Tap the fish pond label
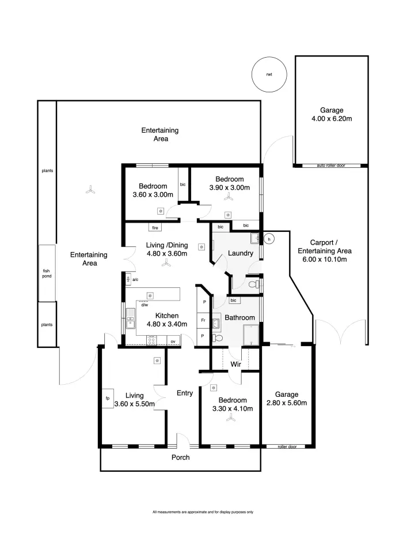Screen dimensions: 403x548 click(47, 273)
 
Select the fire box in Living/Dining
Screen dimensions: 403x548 click(155, 227)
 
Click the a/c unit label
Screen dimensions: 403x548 click(135, 280)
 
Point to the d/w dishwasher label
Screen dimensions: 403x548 click(145, 305)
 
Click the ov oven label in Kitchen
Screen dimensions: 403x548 click(173, 341)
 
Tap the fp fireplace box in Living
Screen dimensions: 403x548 click(108, 399)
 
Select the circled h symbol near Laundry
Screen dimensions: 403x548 click(269, 239)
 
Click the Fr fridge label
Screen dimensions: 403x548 click(203, 320)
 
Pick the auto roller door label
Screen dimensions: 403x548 click(331, 166)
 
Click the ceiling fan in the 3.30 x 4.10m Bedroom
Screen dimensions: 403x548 click(231, 417)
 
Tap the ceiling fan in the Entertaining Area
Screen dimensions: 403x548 click(90, 190)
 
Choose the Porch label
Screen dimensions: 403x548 click(180, 457)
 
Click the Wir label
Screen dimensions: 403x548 click(235, 364)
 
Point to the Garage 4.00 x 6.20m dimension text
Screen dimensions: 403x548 click(332, 118)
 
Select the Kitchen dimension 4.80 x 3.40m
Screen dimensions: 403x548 click(167, 324)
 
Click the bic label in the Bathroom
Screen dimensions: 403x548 click(233, 300)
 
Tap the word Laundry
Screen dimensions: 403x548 click(241, 253)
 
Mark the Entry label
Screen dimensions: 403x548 click(185, 393)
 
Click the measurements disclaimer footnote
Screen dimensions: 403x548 click(203, 512)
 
